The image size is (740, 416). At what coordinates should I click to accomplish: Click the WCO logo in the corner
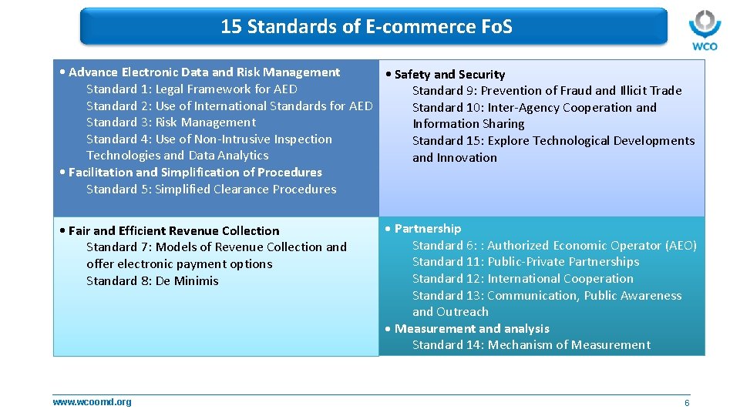click(x=704, y=30)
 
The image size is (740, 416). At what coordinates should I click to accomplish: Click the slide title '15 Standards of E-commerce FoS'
click(x=366, y=27)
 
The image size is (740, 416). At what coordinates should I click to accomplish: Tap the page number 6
click(x=687, y=403)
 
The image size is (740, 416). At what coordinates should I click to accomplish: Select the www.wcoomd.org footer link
click(x=92, y=401)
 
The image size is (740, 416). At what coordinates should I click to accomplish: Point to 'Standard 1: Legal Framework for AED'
click(x=192, y=89)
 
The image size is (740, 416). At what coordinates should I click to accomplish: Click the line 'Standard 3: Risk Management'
click(x=171, y=122)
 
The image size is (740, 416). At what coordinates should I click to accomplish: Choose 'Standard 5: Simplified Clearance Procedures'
click(x=211, y=190)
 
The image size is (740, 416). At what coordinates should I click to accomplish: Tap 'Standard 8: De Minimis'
click(x=153, y=281)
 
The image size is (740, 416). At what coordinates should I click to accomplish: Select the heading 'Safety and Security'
click(x=449, y=75)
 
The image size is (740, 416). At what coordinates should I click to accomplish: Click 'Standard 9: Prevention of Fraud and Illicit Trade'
click(x=547, y=91)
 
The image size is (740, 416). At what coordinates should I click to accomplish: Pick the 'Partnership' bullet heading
click(x=427, y=229)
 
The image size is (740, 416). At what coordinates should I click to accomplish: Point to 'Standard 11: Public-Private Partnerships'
click(x=526, y=262)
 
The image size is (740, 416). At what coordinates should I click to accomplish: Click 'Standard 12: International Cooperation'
click(x=523, y=279)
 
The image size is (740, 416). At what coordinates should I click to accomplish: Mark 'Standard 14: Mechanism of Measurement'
click(x=531, y=345)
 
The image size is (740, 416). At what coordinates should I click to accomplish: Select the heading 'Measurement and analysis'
click(x=472, y=329)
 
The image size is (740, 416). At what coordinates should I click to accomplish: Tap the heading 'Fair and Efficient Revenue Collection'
click(x=173, y=231)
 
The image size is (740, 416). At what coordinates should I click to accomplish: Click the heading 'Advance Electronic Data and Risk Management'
click(x=203, y=72)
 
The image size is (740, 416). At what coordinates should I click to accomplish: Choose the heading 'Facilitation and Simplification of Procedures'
click(x=195, y=173)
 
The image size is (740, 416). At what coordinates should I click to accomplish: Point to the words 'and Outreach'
click(x=450, y=312)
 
